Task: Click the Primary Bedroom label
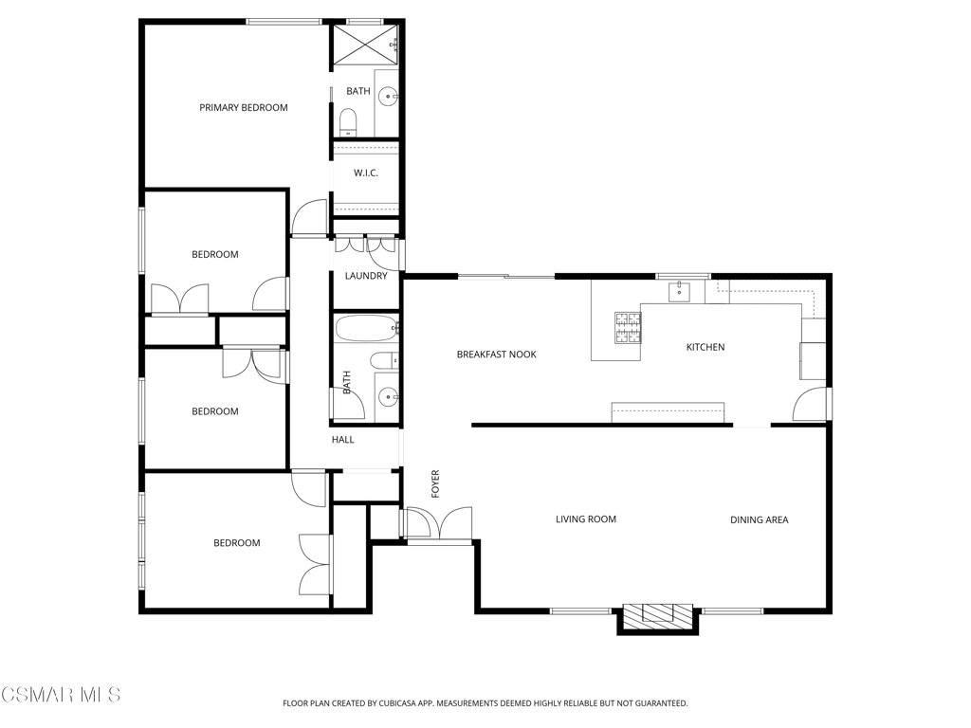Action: (x=244, y=108)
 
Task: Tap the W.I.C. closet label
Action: (x=366, y=173)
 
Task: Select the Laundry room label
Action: (x=366, y=276)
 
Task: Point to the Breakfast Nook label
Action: (x=497, y=355)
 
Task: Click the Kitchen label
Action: (x=705, y=347)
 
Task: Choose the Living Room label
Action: (x=586, y=519)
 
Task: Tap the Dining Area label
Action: (x=760, y=520)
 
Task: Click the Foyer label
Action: (x=435, y=484)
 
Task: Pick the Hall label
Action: (x=343, y=440)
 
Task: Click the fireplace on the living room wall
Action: (x=658, y=617)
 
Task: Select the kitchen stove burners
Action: (x=628, y=327)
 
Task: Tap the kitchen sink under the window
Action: (x=679, y=292)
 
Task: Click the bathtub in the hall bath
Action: (x=366, y=328)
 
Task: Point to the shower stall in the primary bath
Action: (x=365, y=45)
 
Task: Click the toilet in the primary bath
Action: (x=349, y=122)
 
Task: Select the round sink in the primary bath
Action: (x=389, y=96)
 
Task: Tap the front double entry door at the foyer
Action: (x=439, y=524)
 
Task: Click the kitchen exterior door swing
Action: (x=810, y=404)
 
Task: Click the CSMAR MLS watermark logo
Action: (x=61, y=694)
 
